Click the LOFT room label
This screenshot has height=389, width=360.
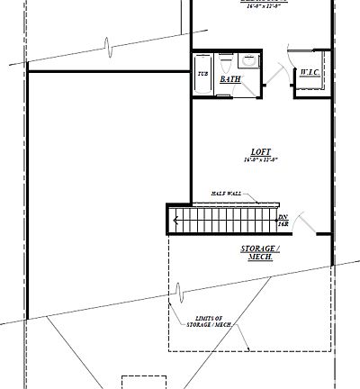click(x=261, y=151)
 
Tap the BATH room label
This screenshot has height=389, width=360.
click(x=230, y=80)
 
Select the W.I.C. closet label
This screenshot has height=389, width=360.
click(x=310, y=73)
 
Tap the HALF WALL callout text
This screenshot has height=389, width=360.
click(x=227, y=194)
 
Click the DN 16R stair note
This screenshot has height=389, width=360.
click(x=282, y=221)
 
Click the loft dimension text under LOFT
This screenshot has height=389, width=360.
click(x=261, y=160)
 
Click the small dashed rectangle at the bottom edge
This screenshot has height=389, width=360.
click(x=144, y=382)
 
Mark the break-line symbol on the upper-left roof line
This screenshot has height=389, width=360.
click(x=107, y=44)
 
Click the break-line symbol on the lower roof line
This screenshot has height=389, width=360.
click(x=179, y=293)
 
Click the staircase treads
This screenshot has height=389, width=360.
click(x=225, y=219)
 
